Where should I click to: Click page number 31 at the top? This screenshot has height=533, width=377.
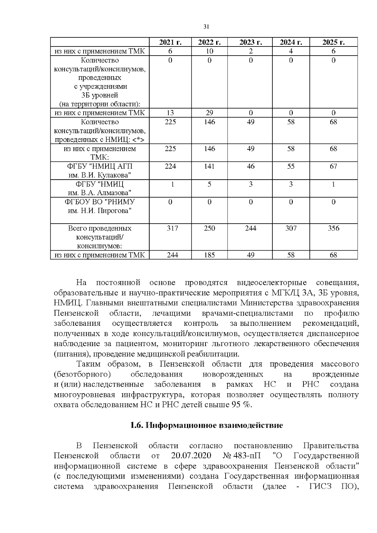coord(206,27)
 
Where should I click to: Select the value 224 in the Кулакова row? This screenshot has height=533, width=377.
coord(170,166)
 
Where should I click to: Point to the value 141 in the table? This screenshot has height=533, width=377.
coord(209,166)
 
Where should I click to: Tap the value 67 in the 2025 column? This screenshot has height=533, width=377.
coord(333,166)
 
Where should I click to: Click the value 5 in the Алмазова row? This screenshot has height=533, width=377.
coord(209,184)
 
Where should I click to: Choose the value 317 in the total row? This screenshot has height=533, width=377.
coord(172,228)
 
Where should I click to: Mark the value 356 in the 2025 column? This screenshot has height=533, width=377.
coord(333,228)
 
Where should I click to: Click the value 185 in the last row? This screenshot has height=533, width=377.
coord(209,255)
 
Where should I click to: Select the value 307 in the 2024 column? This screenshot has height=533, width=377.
coord(291,228)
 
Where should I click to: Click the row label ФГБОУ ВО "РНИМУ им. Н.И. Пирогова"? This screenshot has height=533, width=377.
coord(100,206)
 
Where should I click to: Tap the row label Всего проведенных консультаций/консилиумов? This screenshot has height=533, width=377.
coord(100,237)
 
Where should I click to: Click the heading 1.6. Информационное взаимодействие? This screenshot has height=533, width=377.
coord(206,426)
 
